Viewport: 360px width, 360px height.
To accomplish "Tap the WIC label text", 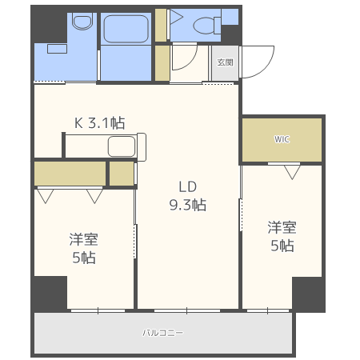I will click(282, 139).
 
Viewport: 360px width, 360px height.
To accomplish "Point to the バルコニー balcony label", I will click(162, 331).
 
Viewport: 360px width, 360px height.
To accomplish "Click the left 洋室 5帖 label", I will click(82, 248).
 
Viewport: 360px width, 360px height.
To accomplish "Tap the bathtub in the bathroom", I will click(126, 29).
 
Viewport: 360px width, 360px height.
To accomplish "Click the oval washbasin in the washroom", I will click(82, 22).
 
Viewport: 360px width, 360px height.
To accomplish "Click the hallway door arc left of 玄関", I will click(184, 58).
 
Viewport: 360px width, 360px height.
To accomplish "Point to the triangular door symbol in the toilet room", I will click(175, 16).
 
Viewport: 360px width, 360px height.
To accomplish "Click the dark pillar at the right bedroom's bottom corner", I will click(308, 294).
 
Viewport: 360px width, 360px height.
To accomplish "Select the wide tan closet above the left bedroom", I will click(70, 172).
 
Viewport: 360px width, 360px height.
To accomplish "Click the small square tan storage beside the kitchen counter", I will click(121, 173).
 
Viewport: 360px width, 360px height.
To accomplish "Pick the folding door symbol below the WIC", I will click(291, 170).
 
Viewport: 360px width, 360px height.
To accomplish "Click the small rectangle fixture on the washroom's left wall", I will click(56, 48).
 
